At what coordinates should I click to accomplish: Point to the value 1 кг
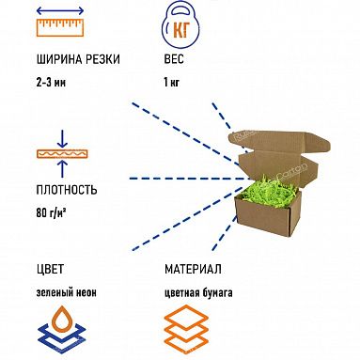click(171, 82)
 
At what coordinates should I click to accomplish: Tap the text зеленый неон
click(63, 292)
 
